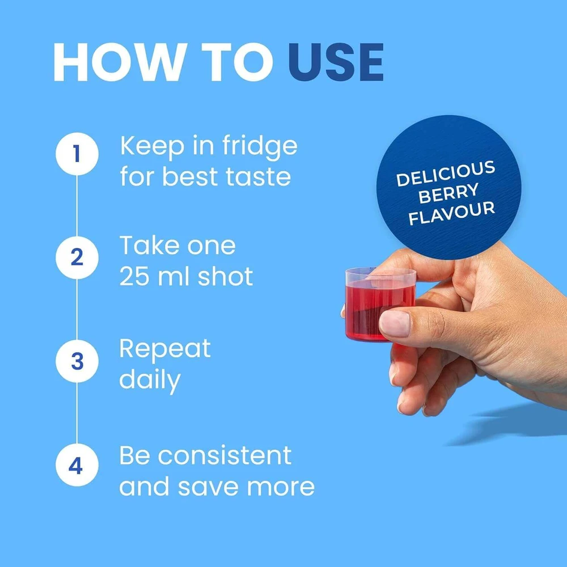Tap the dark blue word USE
click(x=336, y=62)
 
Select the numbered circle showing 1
click(x=77, y=154)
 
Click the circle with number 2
click(x=77, y=257)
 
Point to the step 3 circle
click(x=77, y=361)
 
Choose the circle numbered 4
click(x=77, y=465)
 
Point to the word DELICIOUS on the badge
click(x=446, y=174)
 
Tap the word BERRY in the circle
click(x=448, y=193)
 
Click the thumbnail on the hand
click(x=395, y=323)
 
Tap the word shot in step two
click(x=225, y=276)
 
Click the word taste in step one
click(x=258, y=177)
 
